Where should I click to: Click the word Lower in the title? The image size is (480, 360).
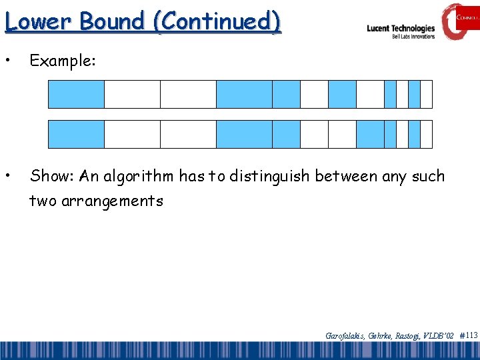click(x=38, y=21)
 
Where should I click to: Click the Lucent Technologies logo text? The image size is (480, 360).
click(x=401, y=29)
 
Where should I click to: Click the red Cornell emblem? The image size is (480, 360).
click(x=460, y=21)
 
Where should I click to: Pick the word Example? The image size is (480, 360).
click(x=63, y=61)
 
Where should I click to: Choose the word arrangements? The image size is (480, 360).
click(x=112, y=201)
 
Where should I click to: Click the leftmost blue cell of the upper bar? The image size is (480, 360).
click(x=77, y=94)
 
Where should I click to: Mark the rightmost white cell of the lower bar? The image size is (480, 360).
click(x=427, y=134)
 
